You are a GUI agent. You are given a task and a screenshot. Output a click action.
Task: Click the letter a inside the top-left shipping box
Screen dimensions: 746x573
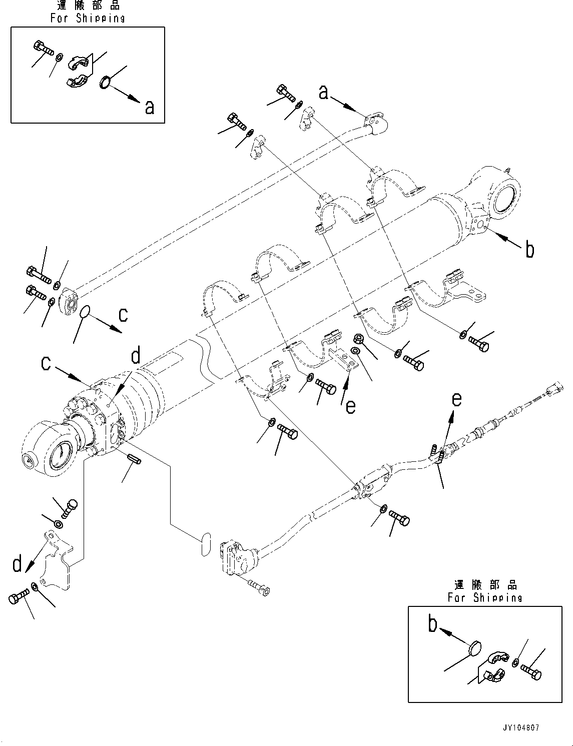coord(149,107)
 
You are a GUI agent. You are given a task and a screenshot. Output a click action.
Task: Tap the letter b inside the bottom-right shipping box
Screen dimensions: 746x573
coord(433,626)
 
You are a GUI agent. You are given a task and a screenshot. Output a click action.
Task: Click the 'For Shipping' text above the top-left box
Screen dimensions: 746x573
coord(88,18)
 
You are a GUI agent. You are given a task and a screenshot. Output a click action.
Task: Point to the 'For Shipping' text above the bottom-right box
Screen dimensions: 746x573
coord(484,597)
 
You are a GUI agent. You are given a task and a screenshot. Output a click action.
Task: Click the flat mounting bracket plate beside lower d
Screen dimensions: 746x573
coord(56,563)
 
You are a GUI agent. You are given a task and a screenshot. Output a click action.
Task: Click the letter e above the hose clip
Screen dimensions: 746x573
coord(456,399)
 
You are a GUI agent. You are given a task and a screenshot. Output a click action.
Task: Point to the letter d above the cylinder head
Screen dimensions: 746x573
coord(136,357)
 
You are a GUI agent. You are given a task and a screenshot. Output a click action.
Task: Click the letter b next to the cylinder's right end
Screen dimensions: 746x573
coord(530,249)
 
